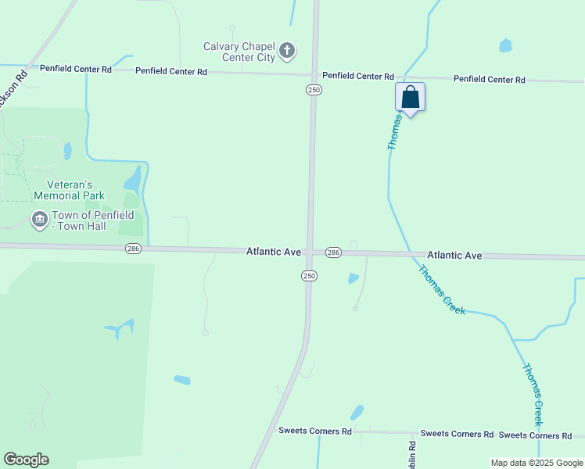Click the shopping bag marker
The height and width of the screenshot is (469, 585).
point(411,98)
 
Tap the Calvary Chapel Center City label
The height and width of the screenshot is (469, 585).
point(239,52)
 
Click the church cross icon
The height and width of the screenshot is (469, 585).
point(287,52)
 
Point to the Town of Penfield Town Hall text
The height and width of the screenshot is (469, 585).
point(93,220)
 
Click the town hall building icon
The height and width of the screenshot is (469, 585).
point(39,220)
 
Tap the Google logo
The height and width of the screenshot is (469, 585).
point(26,460)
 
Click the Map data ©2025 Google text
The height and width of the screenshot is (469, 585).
point(536,463)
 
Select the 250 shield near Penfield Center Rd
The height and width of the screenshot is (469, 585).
point(314,90)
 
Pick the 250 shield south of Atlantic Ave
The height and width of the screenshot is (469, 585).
point(309,275)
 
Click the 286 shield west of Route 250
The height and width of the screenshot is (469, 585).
point(133,248)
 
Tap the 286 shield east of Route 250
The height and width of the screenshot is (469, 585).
point(333,252)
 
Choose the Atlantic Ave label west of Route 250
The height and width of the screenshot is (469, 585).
point(274,252)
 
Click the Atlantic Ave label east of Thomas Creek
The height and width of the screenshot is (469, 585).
point(454,256)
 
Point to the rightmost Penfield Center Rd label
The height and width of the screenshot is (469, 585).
point(489,79)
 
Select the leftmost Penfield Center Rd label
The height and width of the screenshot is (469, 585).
point(76,69)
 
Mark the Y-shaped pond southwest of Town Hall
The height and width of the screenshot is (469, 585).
point(119,328)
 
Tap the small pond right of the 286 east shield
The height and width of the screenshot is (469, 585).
point(353,277)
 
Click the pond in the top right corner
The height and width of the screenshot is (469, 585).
point(505,45)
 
